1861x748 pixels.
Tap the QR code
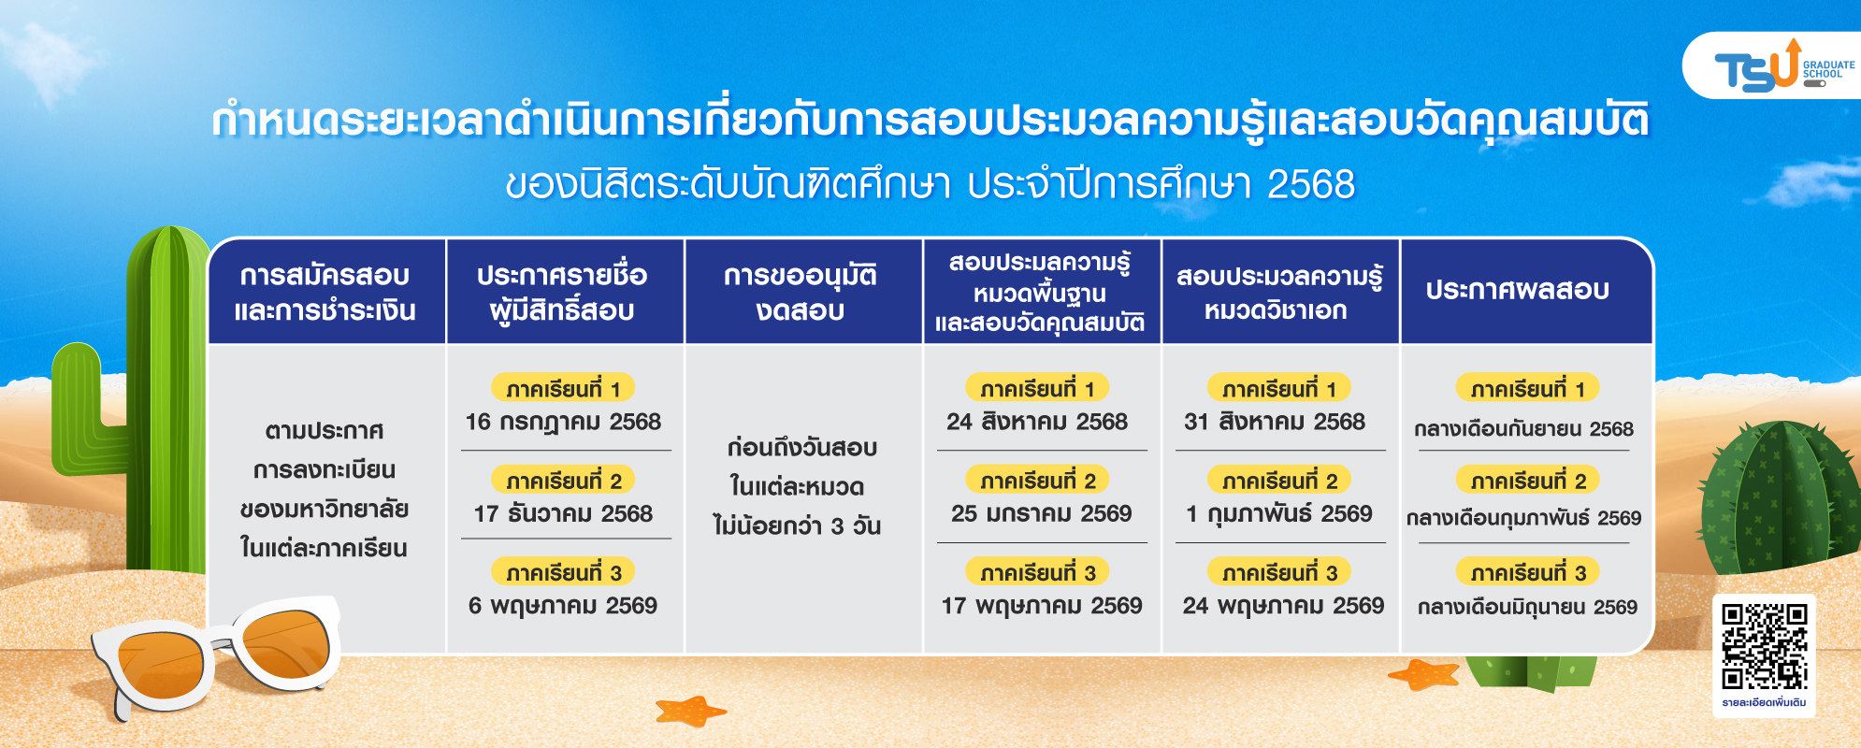pyautogui.click(x=1765, y=646)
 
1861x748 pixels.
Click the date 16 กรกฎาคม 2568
pyautogui.click(x=563, y=422)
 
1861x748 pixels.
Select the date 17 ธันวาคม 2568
pyautogui.click(x=563, y=513)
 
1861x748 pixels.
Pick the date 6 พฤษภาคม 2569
pyautogui.click(x=563, y=606)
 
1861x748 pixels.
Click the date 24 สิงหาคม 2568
pyautogui.click(x=1037, y=422)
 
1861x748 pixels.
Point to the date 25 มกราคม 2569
pyautogui.click(x=1041, y=513)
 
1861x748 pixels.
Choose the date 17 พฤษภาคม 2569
pyautogui.click(x=1042, y=606)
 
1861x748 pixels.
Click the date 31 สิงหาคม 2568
pyautogui.click(x=1275, y=422)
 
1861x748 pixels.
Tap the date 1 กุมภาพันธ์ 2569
pyautogui.click(x=1279, y=514)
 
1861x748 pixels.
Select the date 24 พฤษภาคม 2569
pyautogui.click(x=1283, y=606)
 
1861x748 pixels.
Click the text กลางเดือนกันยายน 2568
pyautogui.click(x=1523, y=429)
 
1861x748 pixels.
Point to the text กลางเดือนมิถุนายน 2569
pyautogui.click(x=1527, y=607)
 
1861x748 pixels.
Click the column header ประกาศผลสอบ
pyautogui.click(x=1517, y=290)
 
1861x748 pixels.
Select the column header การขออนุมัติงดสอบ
pyautogui.click(x=801, y=292)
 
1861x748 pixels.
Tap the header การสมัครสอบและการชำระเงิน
pyautogui.click(x=325, y=292)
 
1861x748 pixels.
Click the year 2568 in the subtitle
pyautogui.click(x=1311, y=184)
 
